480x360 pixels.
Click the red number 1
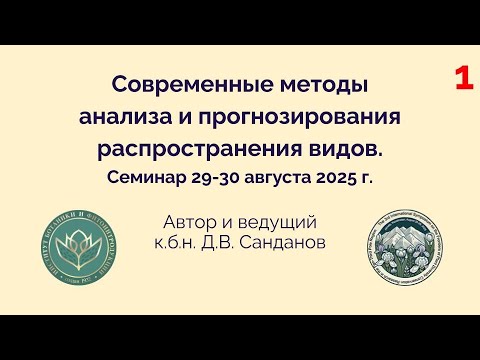click(x=463, y=81)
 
